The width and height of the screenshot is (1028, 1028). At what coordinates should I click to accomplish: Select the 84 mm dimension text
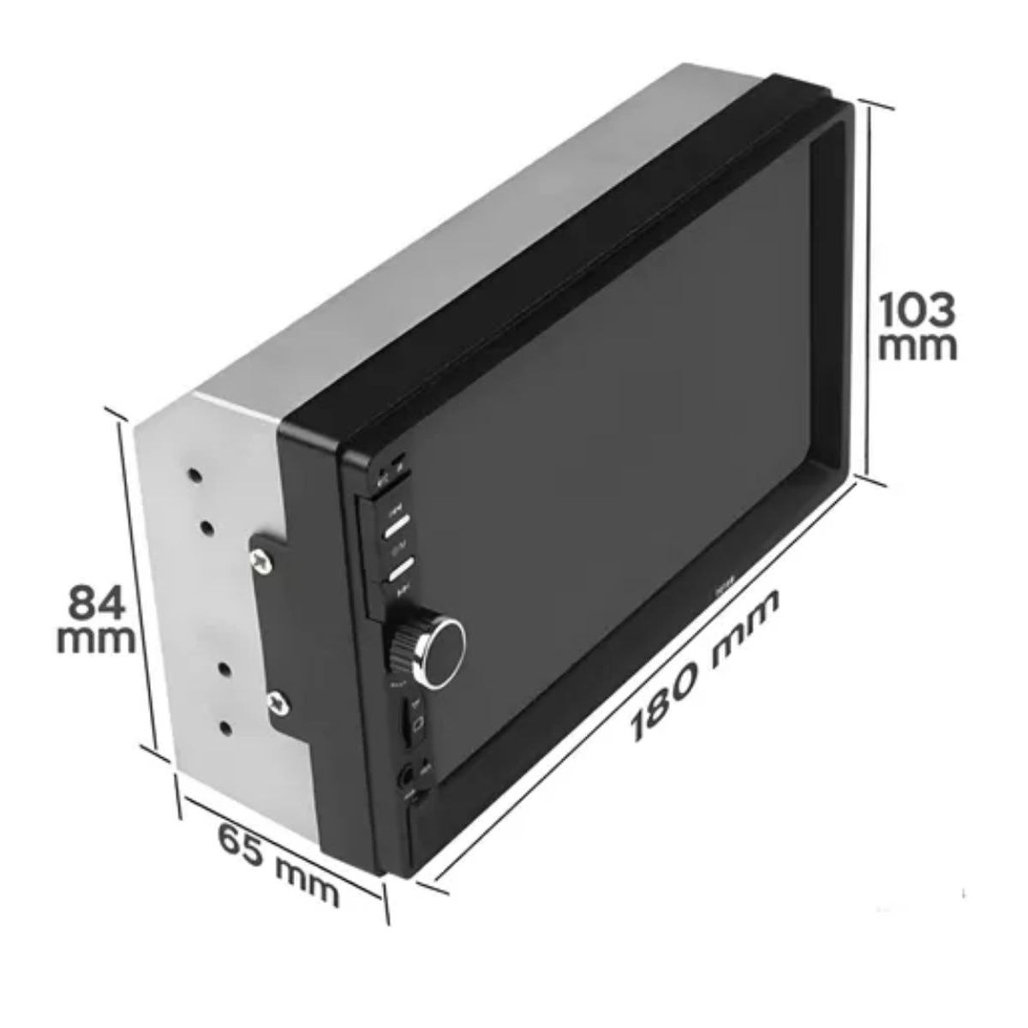pyautogui.click(x=96, y=618)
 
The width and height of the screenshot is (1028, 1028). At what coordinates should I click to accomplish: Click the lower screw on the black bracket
pyautogui.click(x=278, y=702)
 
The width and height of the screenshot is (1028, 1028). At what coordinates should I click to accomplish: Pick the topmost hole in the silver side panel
pyautogui.click(x=196, y=474)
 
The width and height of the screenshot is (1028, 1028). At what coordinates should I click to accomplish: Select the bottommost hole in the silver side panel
pyautogui.click(x=226, y=727)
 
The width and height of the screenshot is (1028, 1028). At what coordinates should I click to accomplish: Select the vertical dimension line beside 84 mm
pyautogui.click(x=140, y=583)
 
